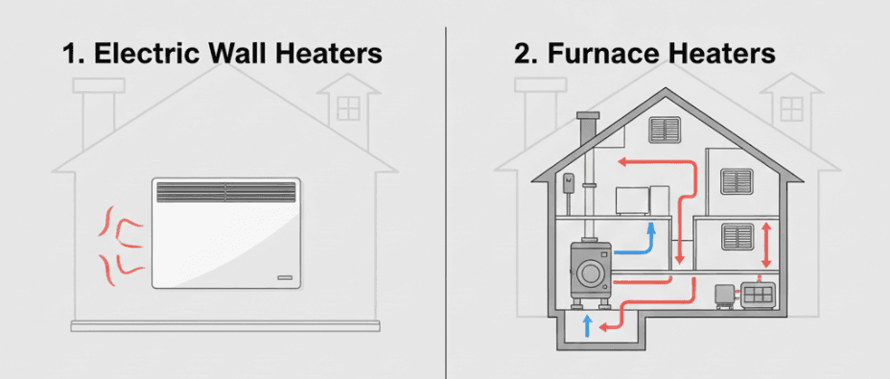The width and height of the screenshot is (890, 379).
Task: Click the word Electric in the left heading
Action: coord(144,55)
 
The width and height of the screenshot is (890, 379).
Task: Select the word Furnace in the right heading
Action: coord(608,55)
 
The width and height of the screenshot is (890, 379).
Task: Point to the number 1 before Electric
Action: coord(69,55)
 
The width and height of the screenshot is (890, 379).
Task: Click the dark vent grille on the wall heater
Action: coord(226,191)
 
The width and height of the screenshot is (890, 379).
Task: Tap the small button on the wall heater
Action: coord(283,277)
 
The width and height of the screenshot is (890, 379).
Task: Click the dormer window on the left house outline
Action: coord(348,107)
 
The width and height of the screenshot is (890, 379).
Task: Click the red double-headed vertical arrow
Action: coord(766,246)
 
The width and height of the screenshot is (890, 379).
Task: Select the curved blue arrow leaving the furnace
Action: coord(639,244)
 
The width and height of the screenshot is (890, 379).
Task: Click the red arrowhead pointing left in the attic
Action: coord(621,161)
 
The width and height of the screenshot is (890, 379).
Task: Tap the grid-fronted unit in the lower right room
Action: coord(759,294)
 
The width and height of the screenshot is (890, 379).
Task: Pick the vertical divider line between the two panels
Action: coord(446,192)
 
